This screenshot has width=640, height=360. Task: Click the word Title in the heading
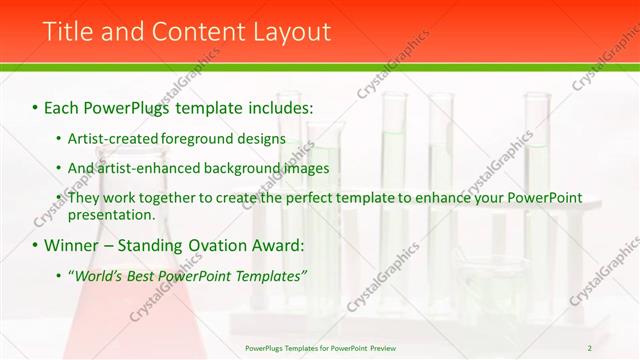pos(71,32)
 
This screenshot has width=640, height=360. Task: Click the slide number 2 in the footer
pos(590,347)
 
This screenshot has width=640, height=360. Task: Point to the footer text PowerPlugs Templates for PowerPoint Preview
pos(320,347)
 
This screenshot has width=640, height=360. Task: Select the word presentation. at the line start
pos(111,214)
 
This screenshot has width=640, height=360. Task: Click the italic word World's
pos(98,275)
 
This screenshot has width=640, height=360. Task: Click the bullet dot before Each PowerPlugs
pos(35,105)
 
